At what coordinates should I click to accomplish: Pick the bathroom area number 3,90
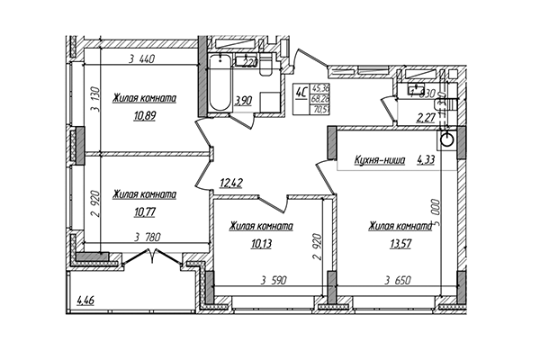(x=243, y=102)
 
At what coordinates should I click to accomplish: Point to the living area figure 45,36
(x=319, y=86)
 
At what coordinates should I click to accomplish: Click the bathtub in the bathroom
(x=219, y=85)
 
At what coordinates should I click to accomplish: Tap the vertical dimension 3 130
(x=94, y=109)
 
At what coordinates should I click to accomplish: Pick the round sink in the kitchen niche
(x=446, y=140)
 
